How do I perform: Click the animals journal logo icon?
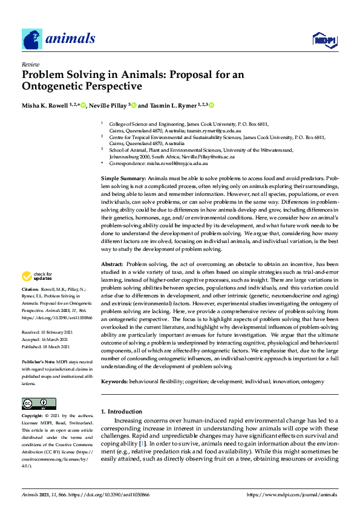coord(32,39)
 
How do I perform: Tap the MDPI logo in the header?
coord(323,40)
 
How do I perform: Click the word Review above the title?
coord(30,63)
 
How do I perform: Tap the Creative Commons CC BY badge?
coord(39,404)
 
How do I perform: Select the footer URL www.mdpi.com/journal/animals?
coord(293,494)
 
